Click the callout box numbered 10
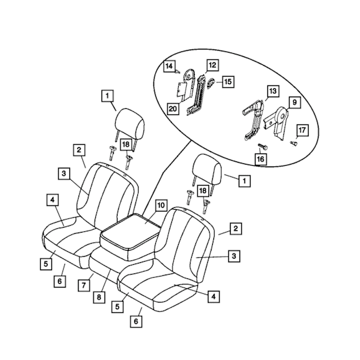[x=161, y=205]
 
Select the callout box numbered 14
[x=169, y=66]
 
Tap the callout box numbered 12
[x=212, y=65]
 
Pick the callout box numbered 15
[x=228, y=82]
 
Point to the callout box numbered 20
[x=173, y=108]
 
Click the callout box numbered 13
[x=273, y=91]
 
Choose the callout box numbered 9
[x=294, y=102]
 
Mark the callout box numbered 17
[x=302, y=131]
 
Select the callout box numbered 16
[x=260, y=159]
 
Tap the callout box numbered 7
[x=84, y=285]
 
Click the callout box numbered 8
[x=99, y=298]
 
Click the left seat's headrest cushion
[x=130, y=123]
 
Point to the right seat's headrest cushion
[x=208, y=168]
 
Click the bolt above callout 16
[x=263, y=147]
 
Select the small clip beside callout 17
[x=294, y=144]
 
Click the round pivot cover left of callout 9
[x=281, y=113]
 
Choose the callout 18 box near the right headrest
[x=203, y=191]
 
